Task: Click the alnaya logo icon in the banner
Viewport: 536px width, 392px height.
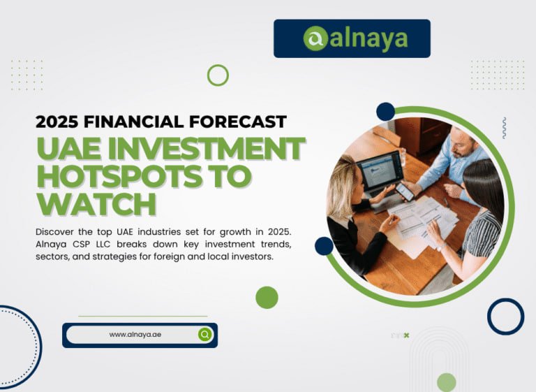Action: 315,38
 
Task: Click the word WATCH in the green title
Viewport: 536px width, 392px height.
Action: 96,205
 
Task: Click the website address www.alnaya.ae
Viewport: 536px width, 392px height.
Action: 135,335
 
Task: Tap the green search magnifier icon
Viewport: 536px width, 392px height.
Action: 204,335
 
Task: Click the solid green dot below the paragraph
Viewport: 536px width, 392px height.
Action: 267,297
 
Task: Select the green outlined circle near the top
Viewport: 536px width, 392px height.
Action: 218,75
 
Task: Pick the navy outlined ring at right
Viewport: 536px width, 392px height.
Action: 505,316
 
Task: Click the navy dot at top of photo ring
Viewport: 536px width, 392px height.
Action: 385,112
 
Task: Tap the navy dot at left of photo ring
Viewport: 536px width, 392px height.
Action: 324,246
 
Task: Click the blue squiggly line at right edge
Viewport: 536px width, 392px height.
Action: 504,127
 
